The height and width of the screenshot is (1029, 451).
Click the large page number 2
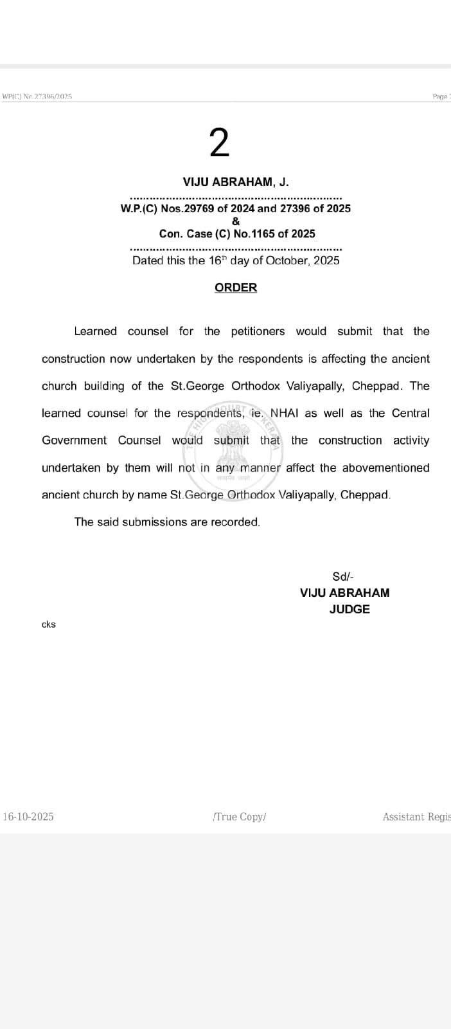[x=219, y=143]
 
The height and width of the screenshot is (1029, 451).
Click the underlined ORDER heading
[x=236, y=287]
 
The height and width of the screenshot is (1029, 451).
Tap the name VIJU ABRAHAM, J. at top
[x=236, y=182]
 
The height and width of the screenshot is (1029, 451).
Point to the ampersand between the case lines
[x=236, y=221]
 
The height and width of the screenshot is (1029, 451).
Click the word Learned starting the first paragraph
[x=95, y=331]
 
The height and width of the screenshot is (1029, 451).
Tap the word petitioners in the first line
[x=258, y=331]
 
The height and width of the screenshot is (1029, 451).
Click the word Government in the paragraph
[x=75, y=441]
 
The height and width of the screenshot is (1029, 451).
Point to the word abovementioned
[x=385, y=468]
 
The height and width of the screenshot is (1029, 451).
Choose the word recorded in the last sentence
[x=238, y=522]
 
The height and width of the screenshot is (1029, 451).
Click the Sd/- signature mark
[x=343, y=577]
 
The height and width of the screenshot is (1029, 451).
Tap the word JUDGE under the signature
[x=349, y=609]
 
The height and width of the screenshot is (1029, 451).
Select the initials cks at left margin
[x=49, y=624]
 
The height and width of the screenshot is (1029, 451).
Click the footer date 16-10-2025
[x=29, y=817]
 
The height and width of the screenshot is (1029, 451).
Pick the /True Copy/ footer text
[x=239, y=817]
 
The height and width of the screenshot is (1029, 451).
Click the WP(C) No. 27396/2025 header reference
[x=37, y=96]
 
